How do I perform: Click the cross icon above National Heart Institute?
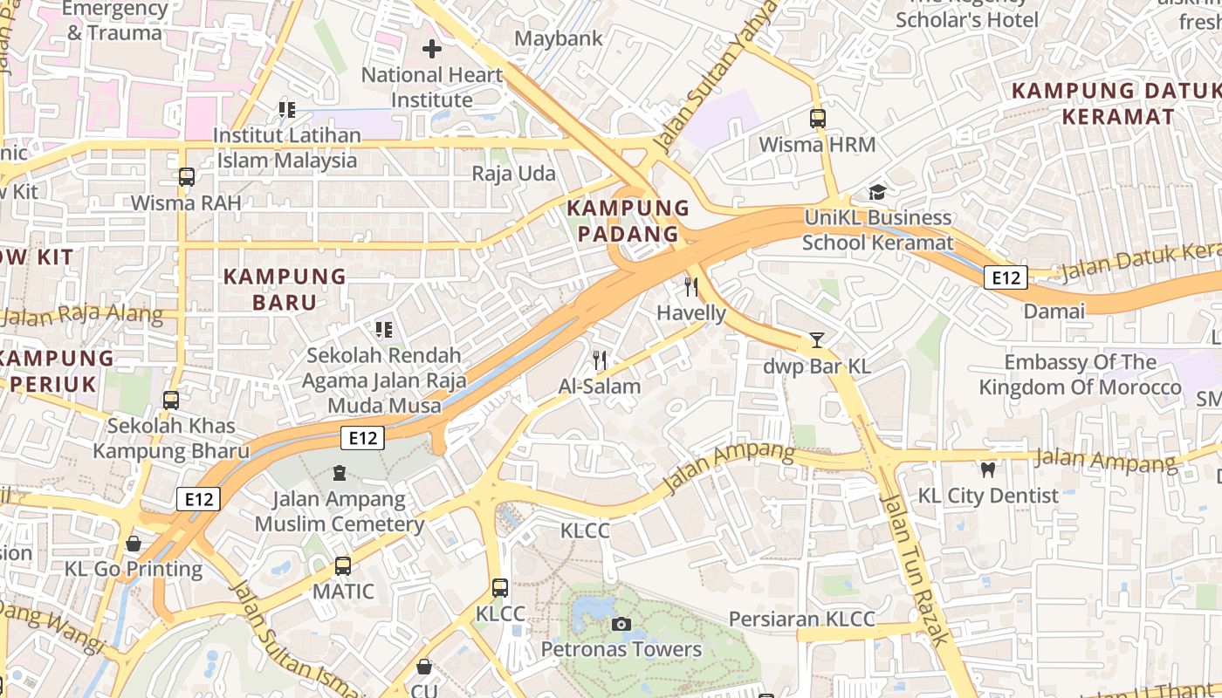pyautogui.click(x=432, y=49)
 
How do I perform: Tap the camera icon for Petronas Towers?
pyautogui.click(x=621, y=624)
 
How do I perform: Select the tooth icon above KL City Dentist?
pyautogui.click(x=988, y=469)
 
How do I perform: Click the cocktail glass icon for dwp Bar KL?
pyautogui.click(x=817, y=339)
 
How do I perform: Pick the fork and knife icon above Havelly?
pyautogui.click(x=691, y=286)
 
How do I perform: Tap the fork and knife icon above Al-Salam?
pyautogui.click(x=600, y=359)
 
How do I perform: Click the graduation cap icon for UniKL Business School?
pyautogui.click(x=877, y=192)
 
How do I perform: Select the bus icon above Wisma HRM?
pyautogui.click(x=817, y=118)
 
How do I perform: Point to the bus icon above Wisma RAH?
pyautogui.click(x=186, y=176)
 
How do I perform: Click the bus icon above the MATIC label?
pyautogui.click(x=343, y=565)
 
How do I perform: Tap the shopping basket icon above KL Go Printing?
pyautogui.click(x=134, y=543)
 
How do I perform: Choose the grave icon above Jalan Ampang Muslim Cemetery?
pyautogui.click(x=339, y=473)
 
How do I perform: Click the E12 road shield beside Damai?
pyautogui.click(x=1006, y=277)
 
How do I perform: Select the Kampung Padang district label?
pyautogui.click(x=628, y=221)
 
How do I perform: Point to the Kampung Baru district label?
pyautogui.click(x=285, y=289)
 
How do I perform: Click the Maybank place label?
pyautogui.click(x=559, y=38)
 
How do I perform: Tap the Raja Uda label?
pyautogui.click(x=514, y=174)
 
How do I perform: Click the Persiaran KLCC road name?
pyautogui.click(x=801, y=619)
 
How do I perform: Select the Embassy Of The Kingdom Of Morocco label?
pyautogui.click(x=1080, y=374)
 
